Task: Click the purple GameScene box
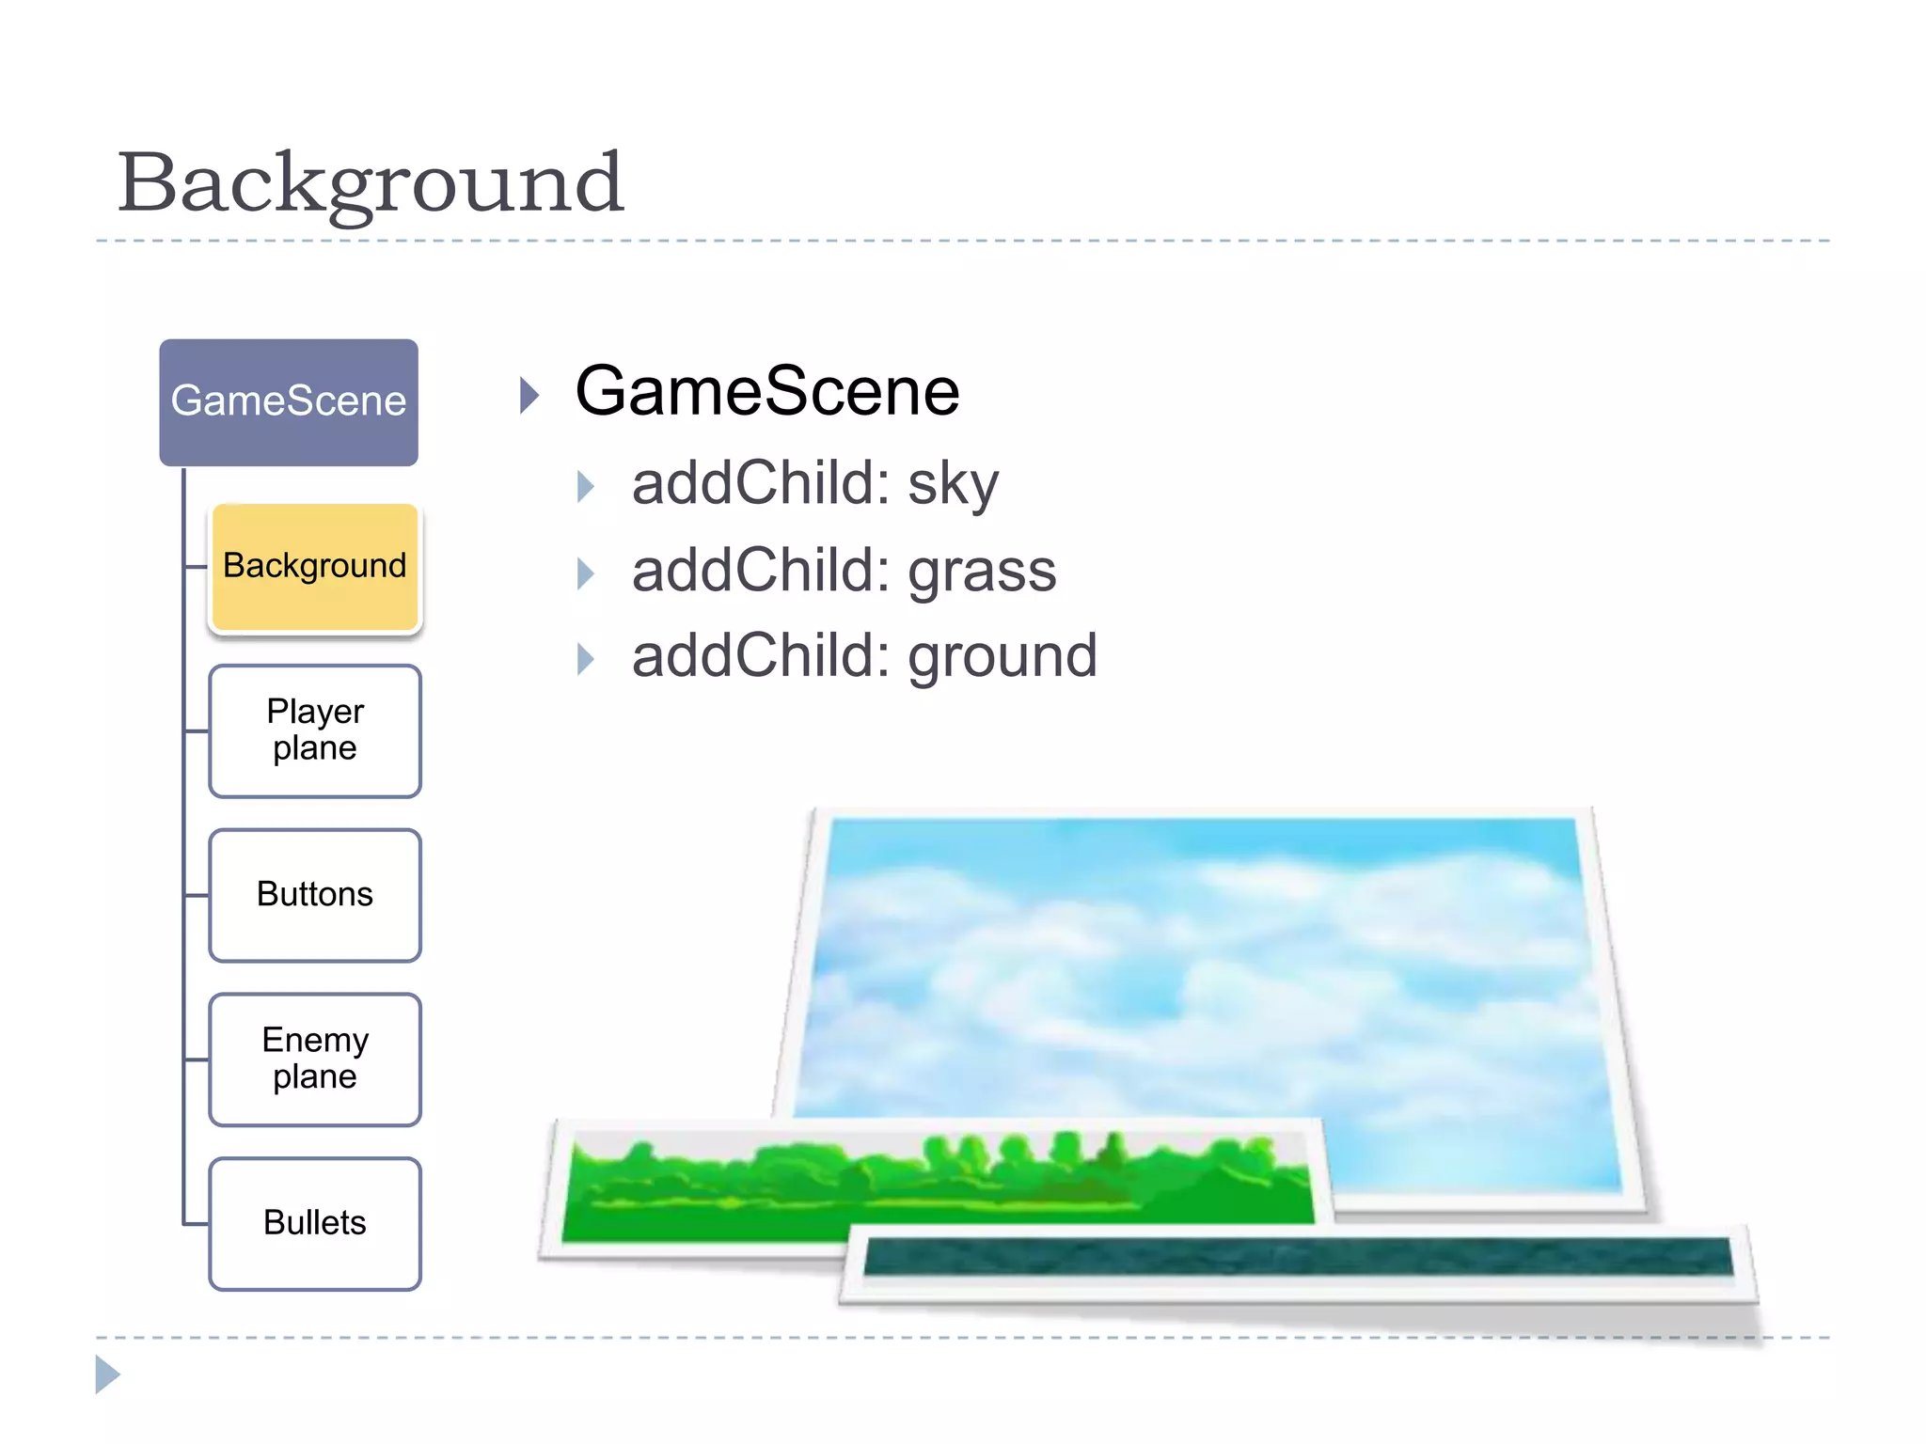point(289,402)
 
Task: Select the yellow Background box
point(315,567)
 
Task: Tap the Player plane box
point(315,730)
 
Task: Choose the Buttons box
point(315,895)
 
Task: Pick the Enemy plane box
point(315,1059)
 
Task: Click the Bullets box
point(315,1223)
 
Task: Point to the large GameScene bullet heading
point(766,392)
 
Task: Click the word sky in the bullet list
point(953,485)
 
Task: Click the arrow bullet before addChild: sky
point(586,487)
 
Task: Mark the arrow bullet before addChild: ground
point(586,659)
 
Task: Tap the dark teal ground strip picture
point(1298,1257)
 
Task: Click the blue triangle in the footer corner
point(107,1374)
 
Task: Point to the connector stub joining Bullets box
point(196,1224)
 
